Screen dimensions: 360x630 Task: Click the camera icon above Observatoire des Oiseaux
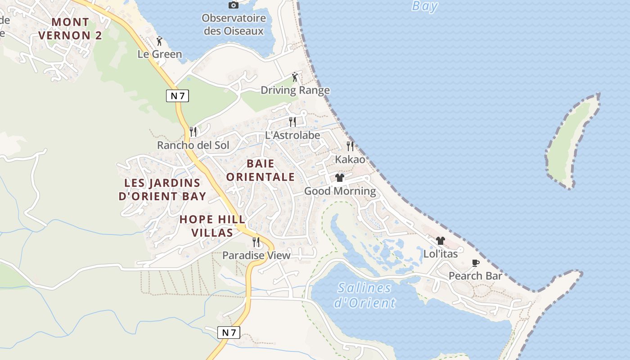(x=233, y=5)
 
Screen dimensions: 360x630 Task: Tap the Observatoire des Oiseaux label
(x=234, y=25)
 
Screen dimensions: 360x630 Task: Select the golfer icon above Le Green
(x=159, y=41)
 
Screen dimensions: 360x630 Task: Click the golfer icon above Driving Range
(x=295, y=77)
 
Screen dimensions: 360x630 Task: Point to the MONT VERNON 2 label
(x=70, y=29)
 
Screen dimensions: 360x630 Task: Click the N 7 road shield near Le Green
(x=177, y=95)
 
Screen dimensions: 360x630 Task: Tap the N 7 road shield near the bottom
(x=229, y=333)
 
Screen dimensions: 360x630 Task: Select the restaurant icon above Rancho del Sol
(x=193, y=132)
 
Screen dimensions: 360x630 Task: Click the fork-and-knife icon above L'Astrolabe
(x=292, y=122)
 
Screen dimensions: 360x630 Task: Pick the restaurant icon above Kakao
(x=350, y=146)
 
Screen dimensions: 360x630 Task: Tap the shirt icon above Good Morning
(x=340, y=178)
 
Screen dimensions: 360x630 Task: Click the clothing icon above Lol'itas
(x=440, y=241)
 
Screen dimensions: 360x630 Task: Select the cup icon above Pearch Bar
(x=475, y=263)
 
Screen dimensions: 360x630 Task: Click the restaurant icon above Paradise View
(x=256, y=242)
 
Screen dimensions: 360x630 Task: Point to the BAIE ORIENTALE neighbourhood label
(x=261, y=171)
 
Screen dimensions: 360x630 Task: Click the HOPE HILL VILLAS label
(x=212, y=226)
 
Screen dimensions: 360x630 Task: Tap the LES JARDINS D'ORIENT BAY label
(x=162, y=189)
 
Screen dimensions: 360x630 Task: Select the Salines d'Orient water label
(x=364, y=295)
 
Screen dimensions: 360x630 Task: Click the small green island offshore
(x=571, y=142)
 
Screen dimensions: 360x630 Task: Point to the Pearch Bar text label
(x=475, y=276)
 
